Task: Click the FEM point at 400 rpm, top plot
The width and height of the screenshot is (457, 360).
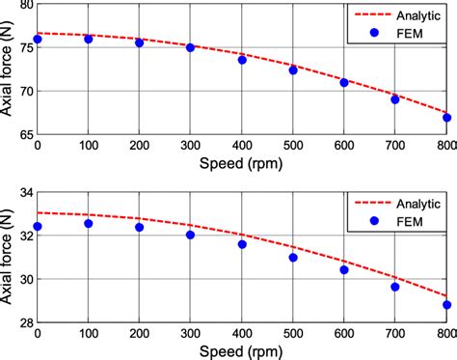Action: pyautogui.click(x=242, y=60)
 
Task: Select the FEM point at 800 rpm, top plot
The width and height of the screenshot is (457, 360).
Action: pyautogui.click(x=446, y=118)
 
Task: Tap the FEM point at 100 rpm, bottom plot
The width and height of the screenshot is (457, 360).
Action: pyautogui.click(x=89, y=224)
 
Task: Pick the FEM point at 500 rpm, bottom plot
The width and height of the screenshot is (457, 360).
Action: pyautogui.click(x=293, y=258)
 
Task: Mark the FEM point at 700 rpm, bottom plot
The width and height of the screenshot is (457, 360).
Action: pyautogui.click(x=395, y=287)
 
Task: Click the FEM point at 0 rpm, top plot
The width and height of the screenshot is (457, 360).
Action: pyautogui.click(x=38, y=40)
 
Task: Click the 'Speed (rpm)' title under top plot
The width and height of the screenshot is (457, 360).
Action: pyautogui.click(x=241, y=163)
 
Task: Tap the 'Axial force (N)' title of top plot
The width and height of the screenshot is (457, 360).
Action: pyautogui.click(x=9, y=69)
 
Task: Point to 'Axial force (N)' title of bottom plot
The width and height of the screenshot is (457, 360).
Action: pyautogui.click(x=9, y=256)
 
